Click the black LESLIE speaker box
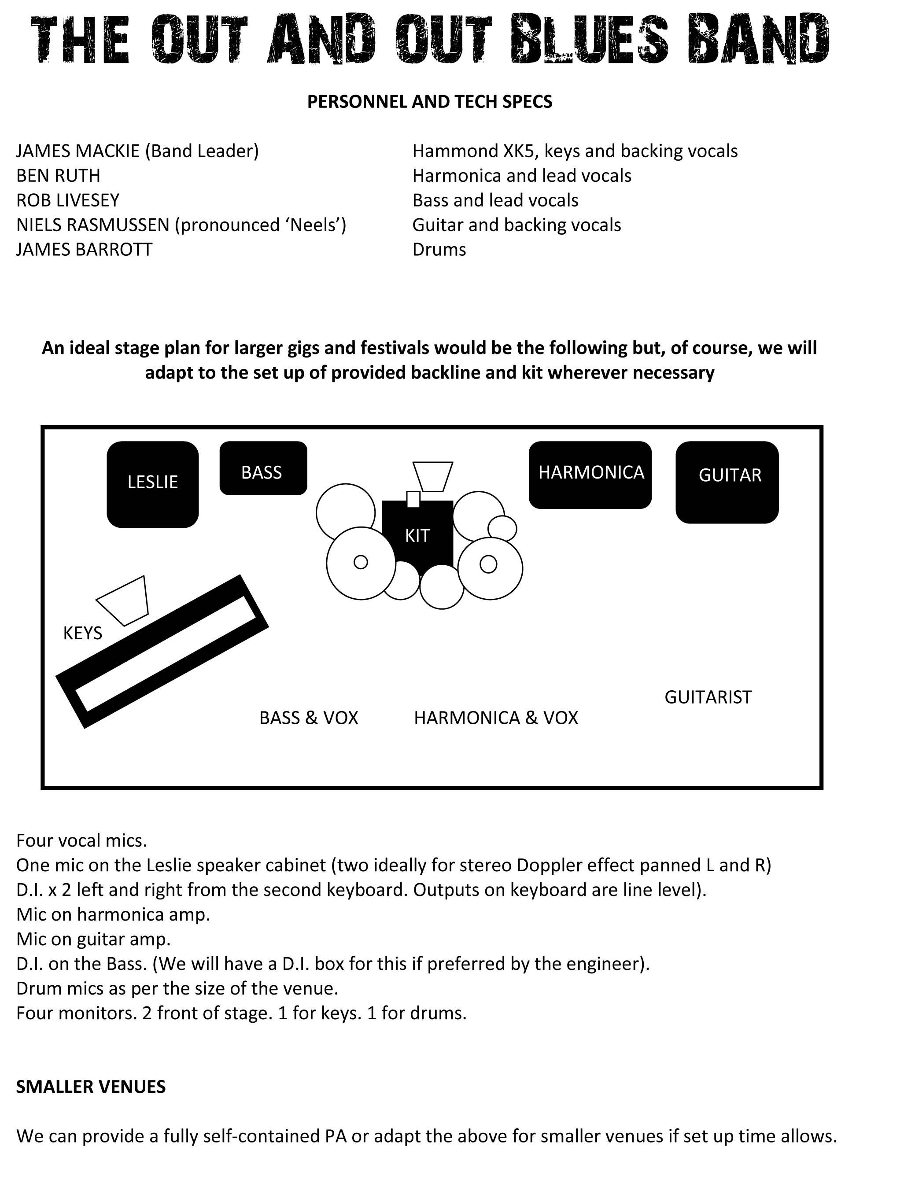pos(152,484)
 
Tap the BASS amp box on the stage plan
pos(263,468)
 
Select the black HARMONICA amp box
pos(590,475)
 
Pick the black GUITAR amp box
pos(727,482)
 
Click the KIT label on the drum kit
pos(417,536)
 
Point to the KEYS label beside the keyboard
pos(82,633)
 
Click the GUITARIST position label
pos(708,697)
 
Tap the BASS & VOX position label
pos(308,718)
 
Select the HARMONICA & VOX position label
pos(495,718)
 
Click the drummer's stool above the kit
pos(433,475)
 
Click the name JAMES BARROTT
pos(84,250)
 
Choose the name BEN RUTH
pos(58,175)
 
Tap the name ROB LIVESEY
pos(68,200)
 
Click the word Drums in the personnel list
pos(439,250)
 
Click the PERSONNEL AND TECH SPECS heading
pos(429,102)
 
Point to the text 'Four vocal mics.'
pos(81,840)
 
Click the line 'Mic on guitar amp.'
pos(93,939)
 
